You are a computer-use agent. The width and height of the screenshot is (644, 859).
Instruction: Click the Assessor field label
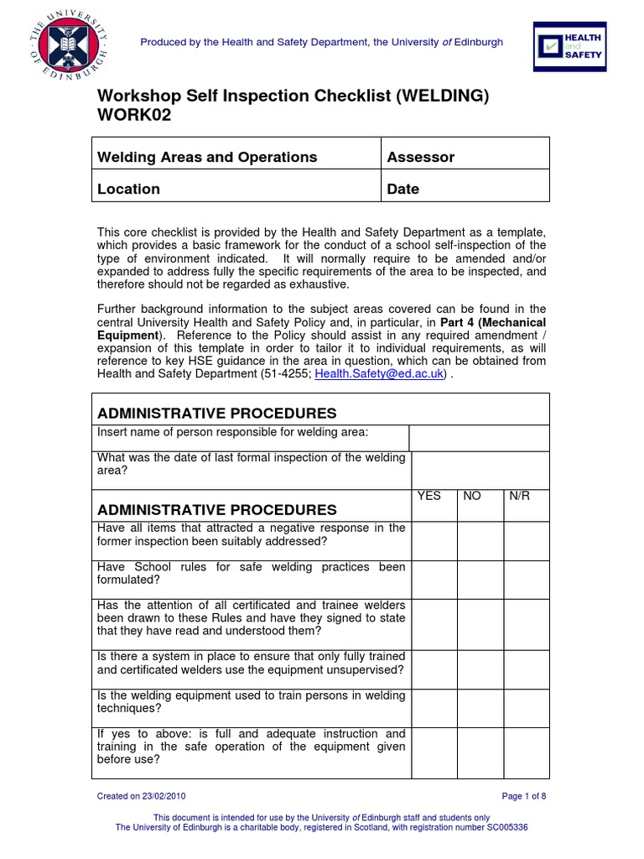(x=420, y=157)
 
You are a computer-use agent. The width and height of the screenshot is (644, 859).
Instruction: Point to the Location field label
(x=128, y=189)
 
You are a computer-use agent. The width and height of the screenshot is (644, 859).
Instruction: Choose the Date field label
(x=402, y=189)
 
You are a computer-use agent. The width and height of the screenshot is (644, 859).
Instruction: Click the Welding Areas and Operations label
(x=207, y=157)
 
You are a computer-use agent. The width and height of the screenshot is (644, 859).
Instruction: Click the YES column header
(x=428, y=497)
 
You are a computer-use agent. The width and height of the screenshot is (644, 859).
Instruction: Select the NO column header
(x=472, y=497)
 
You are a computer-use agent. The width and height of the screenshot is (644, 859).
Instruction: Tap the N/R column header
(x=520, y=497)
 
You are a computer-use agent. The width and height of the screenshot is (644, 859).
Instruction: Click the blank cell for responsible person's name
(x=479, y=438)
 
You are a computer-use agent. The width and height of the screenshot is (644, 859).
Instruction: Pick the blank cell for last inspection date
(x=480, y=471)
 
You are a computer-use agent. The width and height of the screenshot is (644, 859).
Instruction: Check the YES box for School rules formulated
(x=434, y=580)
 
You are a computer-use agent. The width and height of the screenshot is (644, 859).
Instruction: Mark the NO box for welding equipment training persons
(x=480, y=708)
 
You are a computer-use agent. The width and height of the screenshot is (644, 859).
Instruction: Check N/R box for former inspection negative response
(x=527, y=541)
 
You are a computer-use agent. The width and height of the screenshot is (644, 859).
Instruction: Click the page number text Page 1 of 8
(x=524, y=796)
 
